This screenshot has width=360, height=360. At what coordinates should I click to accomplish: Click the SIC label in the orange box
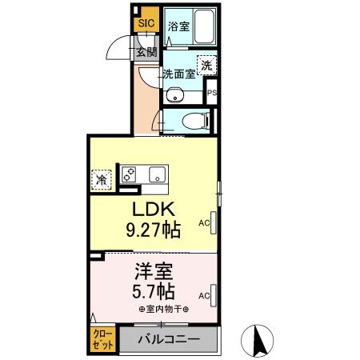coord(146,23)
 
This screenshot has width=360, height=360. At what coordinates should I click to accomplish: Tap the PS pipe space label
coord(212,94)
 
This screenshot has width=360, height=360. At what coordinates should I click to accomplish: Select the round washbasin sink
coord(175,97)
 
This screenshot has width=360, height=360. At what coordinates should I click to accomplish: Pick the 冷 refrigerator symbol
coord(102,180)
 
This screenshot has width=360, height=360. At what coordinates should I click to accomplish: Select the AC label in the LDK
coord(203,223)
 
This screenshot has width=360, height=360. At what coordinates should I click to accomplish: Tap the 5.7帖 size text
coord(151,291)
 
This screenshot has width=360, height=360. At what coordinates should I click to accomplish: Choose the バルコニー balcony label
coord(169,339)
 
